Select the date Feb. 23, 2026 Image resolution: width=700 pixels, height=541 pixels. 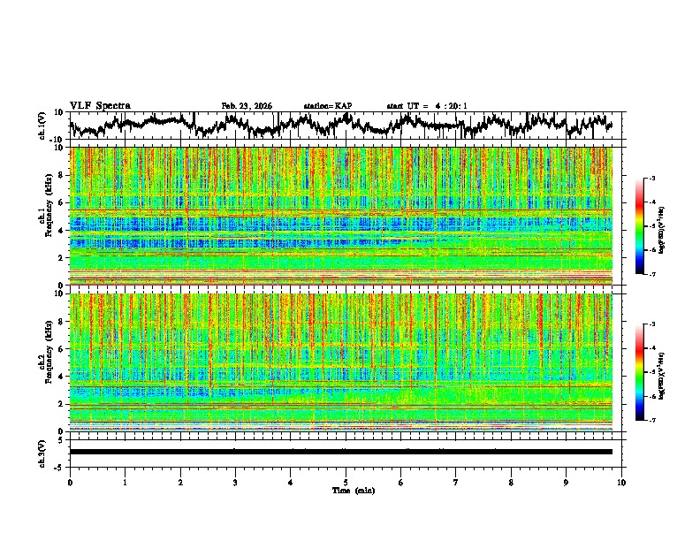tap(247, 106)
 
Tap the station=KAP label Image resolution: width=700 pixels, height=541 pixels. tap(328, 106)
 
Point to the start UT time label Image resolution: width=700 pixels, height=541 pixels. tap(427, 106)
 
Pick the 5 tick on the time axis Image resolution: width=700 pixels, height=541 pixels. tap(346, 483)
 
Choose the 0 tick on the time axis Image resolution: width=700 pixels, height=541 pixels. tap(70, 483)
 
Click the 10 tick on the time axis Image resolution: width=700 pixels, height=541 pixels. tap(621, 483)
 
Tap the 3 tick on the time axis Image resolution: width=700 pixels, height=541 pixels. tap(235, 483)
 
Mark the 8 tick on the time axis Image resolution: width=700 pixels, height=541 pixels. tap(511, 483)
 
